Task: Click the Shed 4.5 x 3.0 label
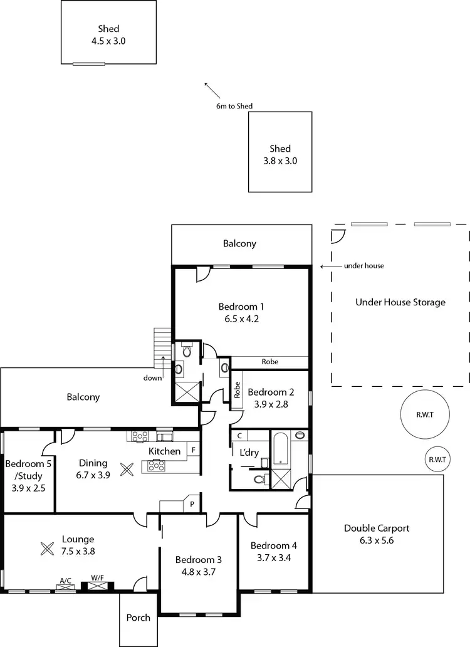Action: [108, 35]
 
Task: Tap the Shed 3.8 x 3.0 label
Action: [280, 154]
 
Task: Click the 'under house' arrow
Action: [330, 266]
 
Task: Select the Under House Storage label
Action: [400, 302]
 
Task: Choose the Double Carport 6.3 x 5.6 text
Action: [377, 534]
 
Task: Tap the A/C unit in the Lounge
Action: [65, 585]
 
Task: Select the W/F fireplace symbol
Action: [97, 585]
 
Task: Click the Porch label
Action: [138, 618]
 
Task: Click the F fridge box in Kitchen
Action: [194, 450]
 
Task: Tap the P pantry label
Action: [192, 503]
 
